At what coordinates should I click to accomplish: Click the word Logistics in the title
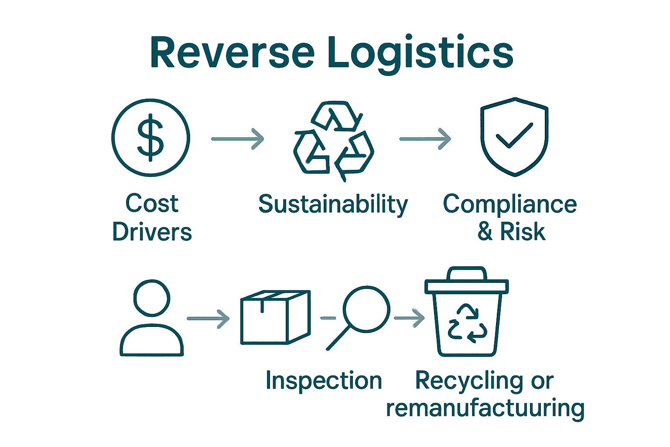click(x=420, y=53)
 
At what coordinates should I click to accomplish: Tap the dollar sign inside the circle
click(x=150, y=138)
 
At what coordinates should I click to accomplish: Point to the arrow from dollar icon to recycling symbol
click(x=238, y=139)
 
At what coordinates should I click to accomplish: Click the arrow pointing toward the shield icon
click(x=425, y=139)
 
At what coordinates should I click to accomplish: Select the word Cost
click(x=152, y=203)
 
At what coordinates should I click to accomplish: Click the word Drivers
click(x=152, y=232)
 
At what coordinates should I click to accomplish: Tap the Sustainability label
click(x=333, y=204)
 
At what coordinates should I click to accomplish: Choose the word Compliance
click(x=509, y=204)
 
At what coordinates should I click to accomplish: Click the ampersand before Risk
click(x=485, y=231)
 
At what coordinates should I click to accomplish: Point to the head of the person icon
click(x=151, y=298)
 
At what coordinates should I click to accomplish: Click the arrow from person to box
click(x=208, y=319)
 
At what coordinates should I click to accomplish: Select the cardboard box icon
click(x=275, y=317)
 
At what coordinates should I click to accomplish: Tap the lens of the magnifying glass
click(x=366, y=309)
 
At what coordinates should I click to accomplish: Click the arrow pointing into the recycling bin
click(x=409, y=318)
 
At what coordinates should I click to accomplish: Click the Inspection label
click(x=324, y=381)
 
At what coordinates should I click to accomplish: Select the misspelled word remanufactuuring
click(x=485, y=408)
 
